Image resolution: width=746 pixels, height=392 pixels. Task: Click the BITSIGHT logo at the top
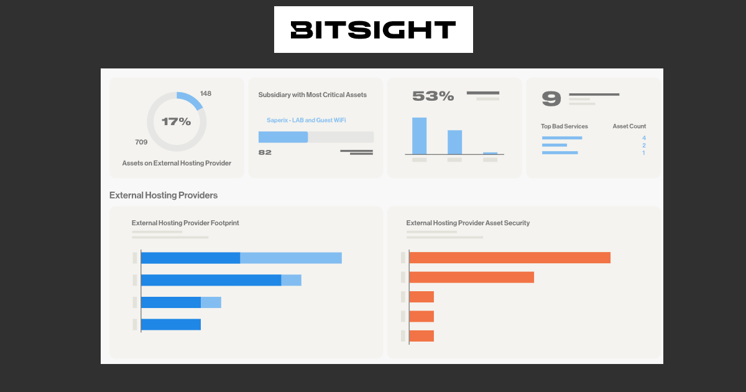click(x=373, y=30)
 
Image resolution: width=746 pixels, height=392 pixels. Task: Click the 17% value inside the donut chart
click(x=177, y=121)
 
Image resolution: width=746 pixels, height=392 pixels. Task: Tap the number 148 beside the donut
click(x=206, y=93)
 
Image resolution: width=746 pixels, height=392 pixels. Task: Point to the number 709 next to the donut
click(x=141, y=142)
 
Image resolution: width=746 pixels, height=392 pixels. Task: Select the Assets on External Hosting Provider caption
click(x=177, y=163)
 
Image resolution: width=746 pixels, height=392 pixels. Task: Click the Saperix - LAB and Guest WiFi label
click(x=306, y=119)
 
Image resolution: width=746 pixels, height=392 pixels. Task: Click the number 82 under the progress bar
click(x=265, y=152)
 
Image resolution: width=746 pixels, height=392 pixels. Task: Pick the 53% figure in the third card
click(x=433, y=96)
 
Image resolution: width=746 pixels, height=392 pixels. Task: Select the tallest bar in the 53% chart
click(x=419, y=136)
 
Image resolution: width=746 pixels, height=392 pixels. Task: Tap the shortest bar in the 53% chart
click(x=490, y=153)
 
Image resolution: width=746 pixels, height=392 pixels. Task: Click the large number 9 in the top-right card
click(x=551, y=98)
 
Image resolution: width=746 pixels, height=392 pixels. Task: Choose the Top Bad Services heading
click(x=564, y=126)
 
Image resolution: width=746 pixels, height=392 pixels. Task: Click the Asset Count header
click(x=629, y=126)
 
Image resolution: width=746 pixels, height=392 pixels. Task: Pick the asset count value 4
click(x=643, y=138)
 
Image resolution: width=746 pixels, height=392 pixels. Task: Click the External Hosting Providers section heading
click(x=163, y=195)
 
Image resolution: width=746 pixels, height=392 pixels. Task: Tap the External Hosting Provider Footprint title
click(x=185, y=223)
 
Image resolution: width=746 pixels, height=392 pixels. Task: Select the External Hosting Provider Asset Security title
click(x=467, y=223)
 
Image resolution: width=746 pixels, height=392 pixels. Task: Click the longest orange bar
click(x=510, y=258)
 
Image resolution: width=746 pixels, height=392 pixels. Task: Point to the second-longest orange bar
click(x=471, y=277)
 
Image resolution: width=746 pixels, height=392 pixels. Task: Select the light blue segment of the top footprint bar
click(x=291, y=258)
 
